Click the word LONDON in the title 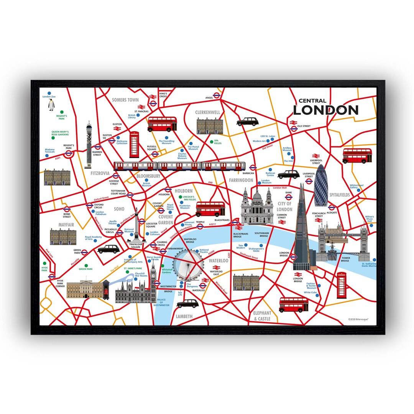pos(325,110)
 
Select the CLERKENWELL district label pos(207,112)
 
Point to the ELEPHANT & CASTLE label pos(262,316)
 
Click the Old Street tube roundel pos(294,128)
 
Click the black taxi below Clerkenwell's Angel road pos(248,122)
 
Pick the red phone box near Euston pos(134,145)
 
